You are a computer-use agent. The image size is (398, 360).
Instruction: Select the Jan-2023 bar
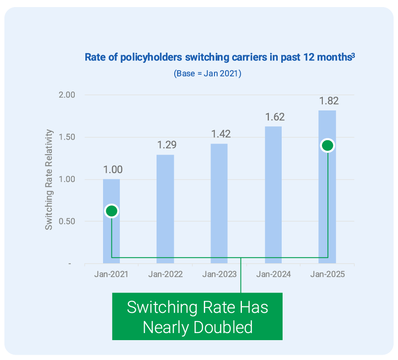coord(219,203)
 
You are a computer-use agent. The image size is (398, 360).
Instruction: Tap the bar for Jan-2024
coord(273,195)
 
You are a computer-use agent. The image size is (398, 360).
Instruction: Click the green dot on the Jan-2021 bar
coord(111,211)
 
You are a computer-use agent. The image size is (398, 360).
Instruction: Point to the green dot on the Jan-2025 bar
coord(328,146)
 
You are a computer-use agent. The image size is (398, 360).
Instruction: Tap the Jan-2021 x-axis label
coord(111,274)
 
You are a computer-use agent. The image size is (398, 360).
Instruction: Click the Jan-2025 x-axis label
coord(327,274)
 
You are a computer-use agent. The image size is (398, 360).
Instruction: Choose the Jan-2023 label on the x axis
coord(219,274)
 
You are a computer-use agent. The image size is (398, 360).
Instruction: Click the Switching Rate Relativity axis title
coord(49,179)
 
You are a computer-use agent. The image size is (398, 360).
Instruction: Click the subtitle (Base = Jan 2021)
coord(207,73)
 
